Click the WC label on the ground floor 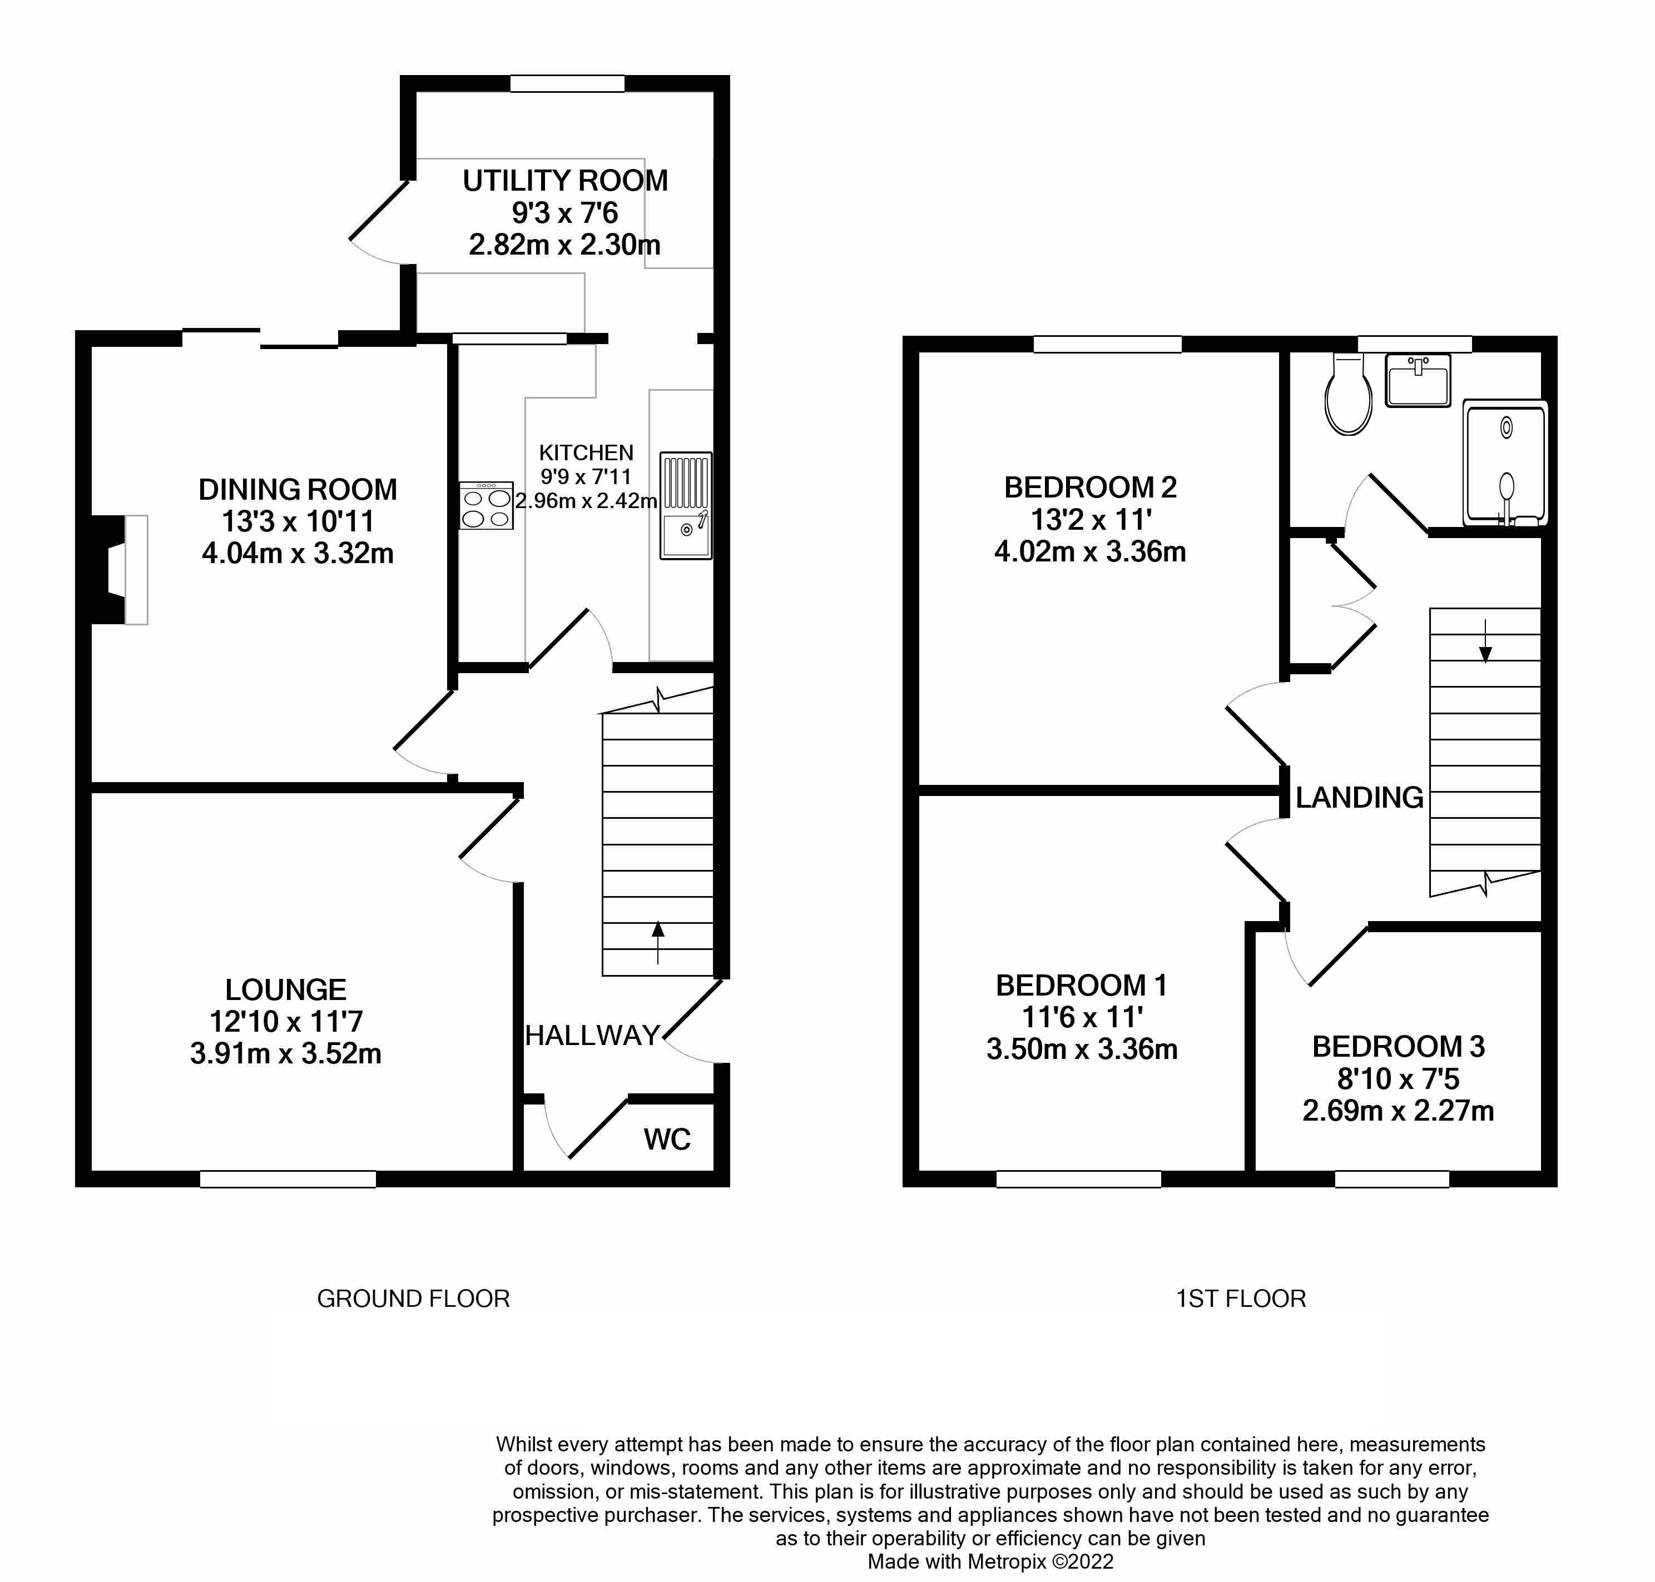pyautogui.click(x=666, y=1140)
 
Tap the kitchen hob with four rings pyautogui.click(x=486, y=506)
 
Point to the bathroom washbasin pyautogui.click(x=1418, y=380)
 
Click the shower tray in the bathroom pyautogui.click(x=1506, y=463)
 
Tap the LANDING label pyautogui.click(x=1359, y=797)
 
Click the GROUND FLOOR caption pyautogui.click(x=413, y=1299)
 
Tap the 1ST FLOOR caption pyautogui.click(x=1241, y=1299)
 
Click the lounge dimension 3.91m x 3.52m pyautogui.click(x=286, y=1054)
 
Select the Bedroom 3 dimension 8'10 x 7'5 pyautogui.click(x=1398, y=1078)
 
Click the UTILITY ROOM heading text pyautogui.click(x=565, y=181)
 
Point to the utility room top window pyautogui.click(x=567, y=83)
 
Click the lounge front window pyautogui.click(x=288, y=1179)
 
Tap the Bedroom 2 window pyautogui.click(x=1107, y=343)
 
